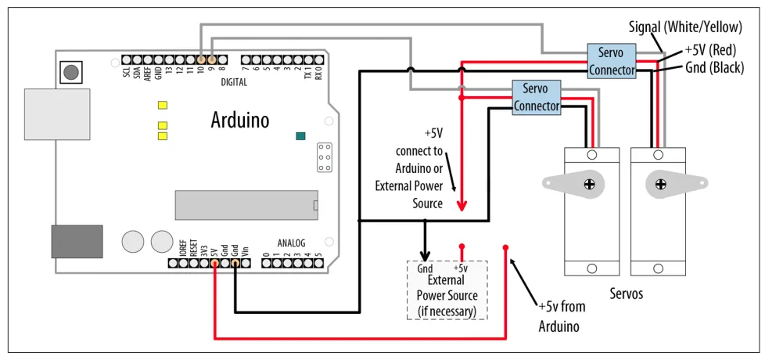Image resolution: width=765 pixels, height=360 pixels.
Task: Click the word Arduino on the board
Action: [240, 120]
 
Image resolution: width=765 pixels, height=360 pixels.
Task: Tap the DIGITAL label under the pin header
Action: [234, 81]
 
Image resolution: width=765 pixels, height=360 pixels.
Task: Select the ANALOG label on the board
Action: [291, 243]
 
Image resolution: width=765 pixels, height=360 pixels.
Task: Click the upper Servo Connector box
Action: [611, 61]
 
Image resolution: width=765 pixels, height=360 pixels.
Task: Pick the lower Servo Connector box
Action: [537, 97]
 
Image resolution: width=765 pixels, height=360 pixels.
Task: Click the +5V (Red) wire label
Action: [710, 50]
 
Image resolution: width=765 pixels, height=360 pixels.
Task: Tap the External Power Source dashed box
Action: [447, 289]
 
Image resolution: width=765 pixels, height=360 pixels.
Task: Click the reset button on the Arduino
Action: [71, 73]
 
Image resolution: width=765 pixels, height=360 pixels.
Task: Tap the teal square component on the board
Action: [300, 136]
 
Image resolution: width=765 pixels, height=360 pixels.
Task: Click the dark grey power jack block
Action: [77, 241]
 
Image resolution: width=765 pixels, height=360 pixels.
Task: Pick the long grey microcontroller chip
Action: [246, 205]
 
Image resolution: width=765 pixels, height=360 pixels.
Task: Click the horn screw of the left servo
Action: [588, 184]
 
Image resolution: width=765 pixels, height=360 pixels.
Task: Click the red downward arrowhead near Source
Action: [462, 207]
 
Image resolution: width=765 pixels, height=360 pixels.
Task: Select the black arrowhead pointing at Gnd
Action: [425, 255]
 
